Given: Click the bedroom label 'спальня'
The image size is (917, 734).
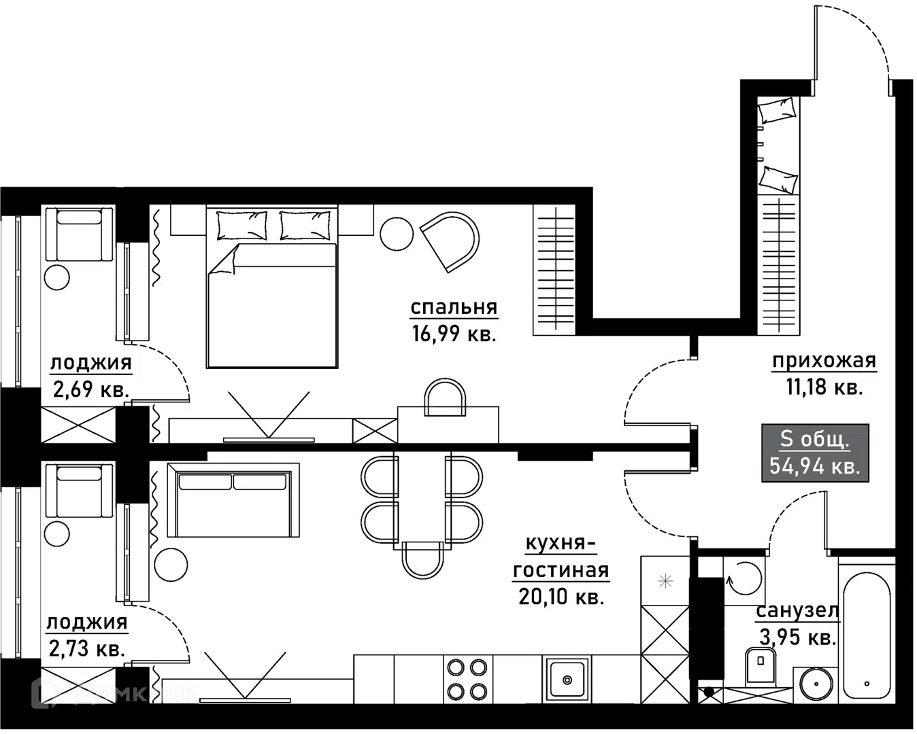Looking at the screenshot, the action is pos(454,307).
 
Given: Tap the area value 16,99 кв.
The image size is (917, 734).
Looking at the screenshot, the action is pos(454,334).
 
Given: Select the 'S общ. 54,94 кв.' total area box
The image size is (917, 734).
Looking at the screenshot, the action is pos(815,453).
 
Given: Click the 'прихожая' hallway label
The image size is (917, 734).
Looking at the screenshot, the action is pos(824,361).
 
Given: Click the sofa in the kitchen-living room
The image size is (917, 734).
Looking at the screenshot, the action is pos(233,500).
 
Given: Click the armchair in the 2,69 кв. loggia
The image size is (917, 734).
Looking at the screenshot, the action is pos(80,234).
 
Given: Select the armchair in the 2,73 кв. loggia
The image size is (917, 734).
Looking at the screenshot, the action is pos(80,491).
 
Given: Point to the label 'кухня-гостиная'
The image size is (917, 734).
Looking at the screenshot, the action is pos(561,557).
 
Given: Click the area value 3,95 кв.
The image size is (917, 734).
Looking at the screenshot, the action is pos(798,637).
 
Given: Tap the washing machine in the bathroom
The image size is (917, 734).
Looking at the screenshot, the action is pos(744,578).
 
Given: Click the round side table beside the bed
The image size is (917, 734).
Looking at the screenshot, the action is pos(397,234).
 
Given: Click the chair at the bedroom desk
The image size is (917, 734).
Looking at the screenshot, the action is pos(444,398).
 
